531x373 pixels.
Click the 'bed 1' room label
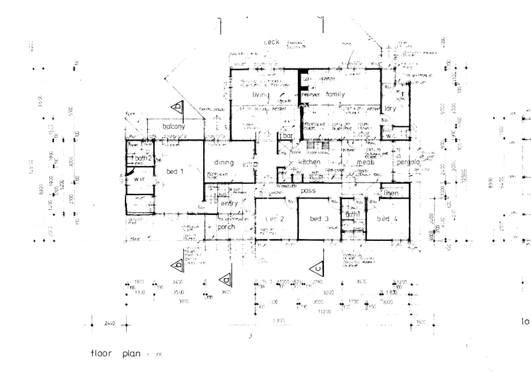[x=174, y=171]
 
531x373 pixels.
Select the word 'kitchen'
[x=309, y=162]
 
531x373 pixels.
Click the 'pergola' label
[x=410, y=163]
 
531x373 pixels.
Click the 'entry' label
[x=229, y=204]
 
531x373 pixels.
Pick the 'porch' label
[x=226, y=226]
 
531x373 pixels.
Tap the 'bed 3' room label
[x=318, y=218]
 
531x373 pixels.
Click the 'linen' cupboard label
[x=392, y=192]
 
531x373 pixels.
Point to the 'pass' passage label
[x=307, y=190]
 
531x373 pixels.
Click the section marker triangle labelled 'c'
[x=319, y=267]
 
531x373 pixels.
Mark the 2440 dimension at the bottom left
[x=110, y=323]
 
